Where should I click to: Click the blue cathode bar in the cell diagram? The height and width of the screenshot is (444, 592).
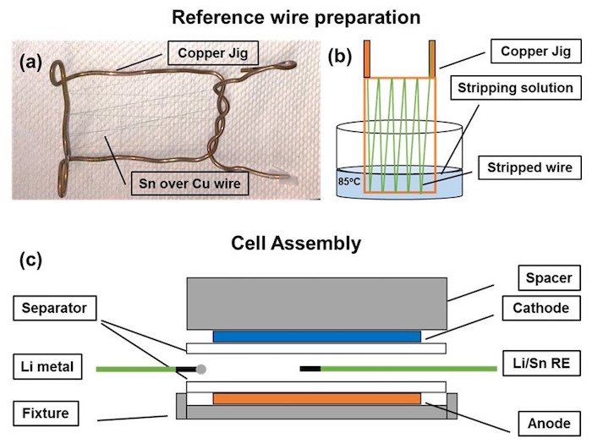316,336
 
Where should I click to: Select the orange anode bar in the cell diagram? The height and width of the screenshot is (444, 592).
316,397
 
